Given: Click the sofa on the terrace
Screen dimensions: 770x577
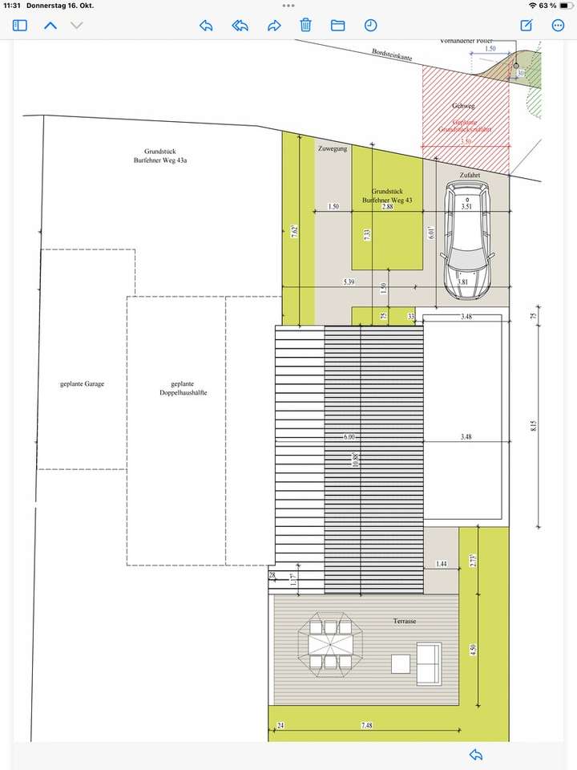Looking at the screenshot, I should pyautogui.click(x=428, y=663).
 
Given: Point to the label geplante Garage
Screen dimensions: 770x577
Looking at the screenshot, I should pyautogui.click(x=82, y=384).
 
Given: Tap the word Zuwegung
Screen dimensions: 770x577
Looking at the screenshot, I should pyautogui.click(x=333, y=150).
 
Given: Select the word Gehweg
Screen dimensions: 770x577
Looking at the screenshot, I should pyautogui.click(x=463, y=106).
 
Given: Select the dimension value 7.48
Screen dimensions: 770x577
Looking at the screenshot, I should pyautogui.click(x=367, y=726).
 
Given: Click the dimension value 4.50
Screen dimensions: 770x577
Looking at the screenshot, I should pyautogui.click(x=474, y=650).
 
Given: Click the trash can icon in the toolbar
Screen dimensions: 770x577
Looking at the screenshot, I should pyautogui.click(x=305, y=26).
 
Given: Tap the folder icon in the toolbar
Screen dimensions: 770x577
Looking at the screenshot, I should pyautogui.click(x=337, y=26).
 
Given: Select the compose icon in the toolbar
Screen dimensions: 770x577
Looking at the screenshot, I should pyautogui.click(x=527, y=26).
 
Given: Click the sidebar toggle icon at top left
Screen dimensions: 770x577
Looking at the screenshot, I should pyautogui.click(x=20, y=26).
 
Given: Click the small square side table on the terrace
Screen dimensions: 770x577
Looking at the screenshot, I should pyautogui.click(x=401, y=663).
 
